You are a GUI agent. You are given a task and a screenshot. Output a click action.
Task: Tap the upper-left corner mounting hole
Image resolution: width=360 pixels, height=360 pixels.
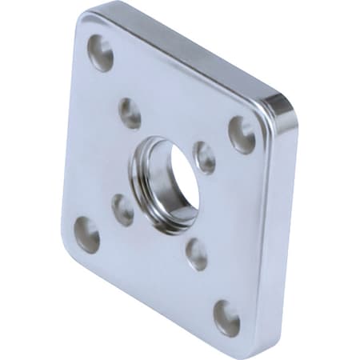pyautogui.click(x=101, y=53)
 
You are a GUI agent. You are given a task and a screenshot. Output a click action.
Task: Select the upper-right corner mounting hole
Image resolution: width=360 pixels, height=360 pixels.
pyautogui.click(x=242, y=134)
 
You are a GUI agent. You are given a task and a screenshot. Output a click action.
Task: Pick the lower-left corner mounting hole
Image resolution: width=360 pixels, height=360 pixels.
pyautogui.click(x=86, y=235)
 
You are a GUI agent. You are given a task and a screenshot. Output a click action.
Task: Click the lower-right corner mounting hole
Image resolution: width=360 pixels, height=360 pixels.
pyautogui.click(x=226, y=318)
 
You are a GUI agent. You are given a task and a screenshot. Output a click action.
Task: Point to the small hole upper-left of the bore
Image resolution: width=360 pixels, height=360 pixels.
pyautogui.click(x=130, y=113)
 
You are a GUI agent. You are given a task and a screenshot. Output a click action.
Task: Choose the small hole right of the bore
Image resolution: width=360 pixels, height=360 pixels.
pyautogui.click(x=205, y=158)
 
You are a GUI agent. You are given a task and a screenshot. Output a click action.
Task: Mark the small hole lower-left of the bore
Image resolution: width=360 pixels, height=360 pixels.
pyautogui.click(x=122, y=210)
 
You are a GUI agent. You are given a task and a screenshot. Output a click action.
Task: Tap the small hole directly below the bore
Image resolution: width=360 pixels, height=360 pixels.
pyautogui.click(x=197, y=254)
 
